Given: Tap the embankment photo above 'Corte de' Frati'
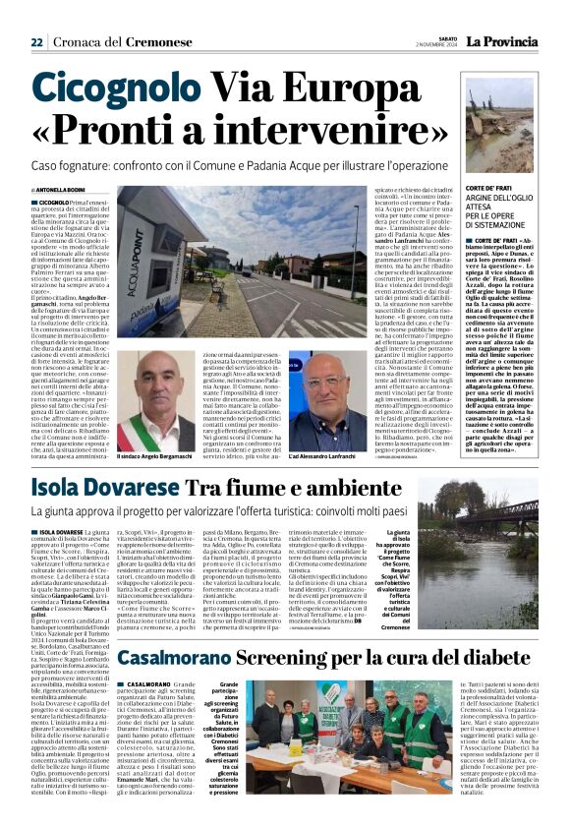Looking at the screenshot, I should (x=505, y=128).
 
